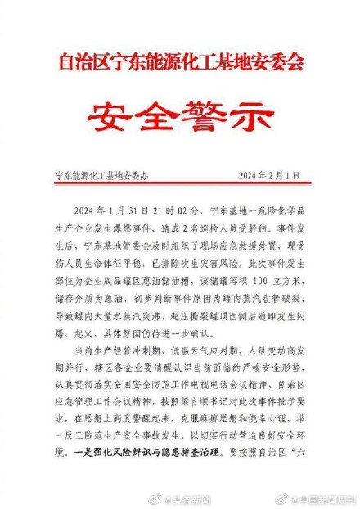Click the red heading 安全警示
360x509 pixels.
click(x=179, y=115)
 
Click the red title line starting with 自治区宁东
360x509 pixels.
click(x=181, y=61)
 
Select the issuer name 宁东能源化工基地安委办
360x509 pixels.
click(x=99, y=174)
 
